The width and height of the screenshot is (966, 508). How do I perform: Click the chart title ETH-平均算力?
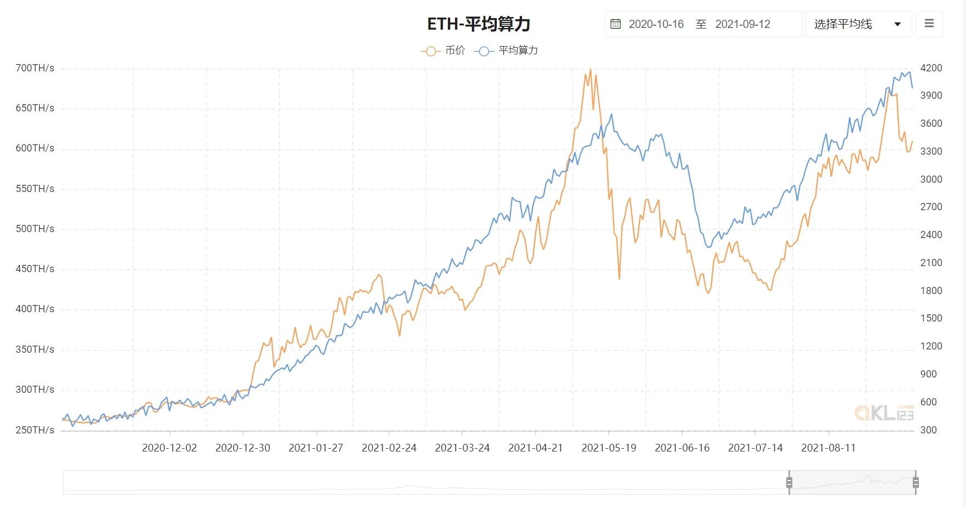coord(479,24)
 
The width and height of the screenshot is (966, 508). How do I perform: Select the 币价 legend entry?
coord(443,50)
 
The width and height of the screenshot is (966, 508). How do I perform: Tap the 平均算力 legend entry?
coord(506,50)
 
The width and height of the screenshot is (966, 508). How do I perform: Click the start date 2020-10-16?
coord(656,24)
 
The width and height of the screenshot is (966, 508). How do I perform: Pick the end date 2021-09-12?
coord(743,24)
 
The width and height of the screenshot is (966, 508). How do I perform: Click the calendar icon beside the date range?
coord(616,24)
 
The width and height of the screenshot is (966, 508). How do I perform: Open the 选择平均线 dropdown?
coord(858,24)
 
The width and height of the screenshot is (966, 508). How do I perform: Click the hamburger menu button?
coord(929,24)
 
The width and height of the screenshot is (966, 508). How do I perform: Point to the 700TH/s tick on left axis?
coord(35,68)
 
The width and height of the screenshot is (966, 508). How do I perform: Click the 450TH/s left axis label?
coord(35,269)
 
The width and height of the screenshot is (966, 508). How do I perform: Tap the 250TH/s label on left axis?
coord(35,430)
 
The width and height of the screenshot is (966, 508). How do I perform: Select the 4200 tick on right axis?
coord(931,68)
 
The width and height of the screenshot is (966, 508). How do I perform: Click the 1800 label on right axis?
coord(931,291)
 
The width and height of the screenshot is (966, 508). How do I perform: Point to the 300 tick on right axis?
coord(929,430)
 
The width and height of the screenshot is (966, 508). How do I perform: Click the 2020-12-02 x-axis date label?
coord(169,448)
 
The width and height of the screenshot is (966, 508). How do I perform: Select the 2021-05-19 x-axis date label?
coord(609,448)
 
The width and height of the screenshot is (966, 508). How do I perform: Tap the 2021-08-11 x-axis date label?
coord(828,448)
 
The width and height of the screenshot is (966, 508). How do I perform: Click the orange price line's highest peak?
coord(590,70)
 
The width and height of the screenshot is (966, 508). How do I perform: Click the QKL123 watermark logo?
coord(884,413)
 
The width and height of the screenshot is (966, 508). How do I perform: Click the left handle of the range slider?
coord(789,483)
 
